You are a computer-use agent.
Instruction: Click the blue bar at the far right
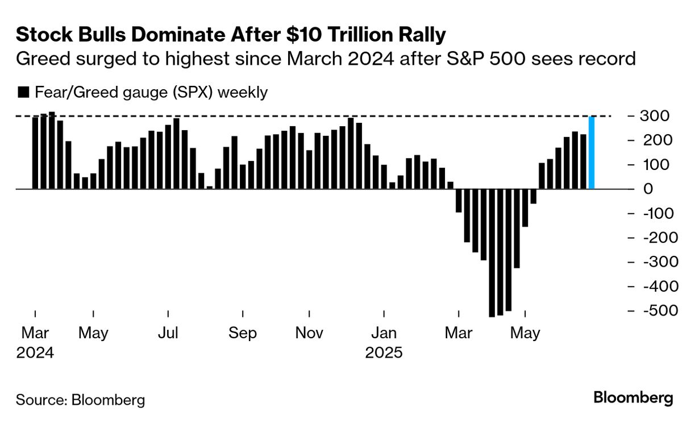(592, 152)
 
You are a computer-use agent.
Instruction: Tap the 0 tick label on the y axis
(648, 189)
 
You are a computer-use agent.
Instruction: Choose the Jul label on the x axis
(168, 333)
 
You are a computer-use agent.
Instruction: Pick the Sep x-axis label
(243, 333)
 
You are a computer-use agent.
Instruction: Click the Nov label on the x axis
(309, 333)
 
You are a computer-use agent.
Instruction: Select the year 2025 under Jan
(384, 353)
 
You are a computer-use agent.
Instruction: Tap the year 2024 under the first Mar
(35, 353)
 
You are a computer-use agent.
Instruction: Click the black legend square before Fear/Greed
(23, 93)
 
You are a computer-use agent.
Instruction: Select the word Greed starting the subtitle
(39, 59)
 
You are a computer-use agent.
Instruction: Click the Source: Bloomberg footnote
(80, 400)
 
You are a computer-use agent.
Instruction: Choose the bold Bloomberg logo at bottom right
(633, 398)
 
